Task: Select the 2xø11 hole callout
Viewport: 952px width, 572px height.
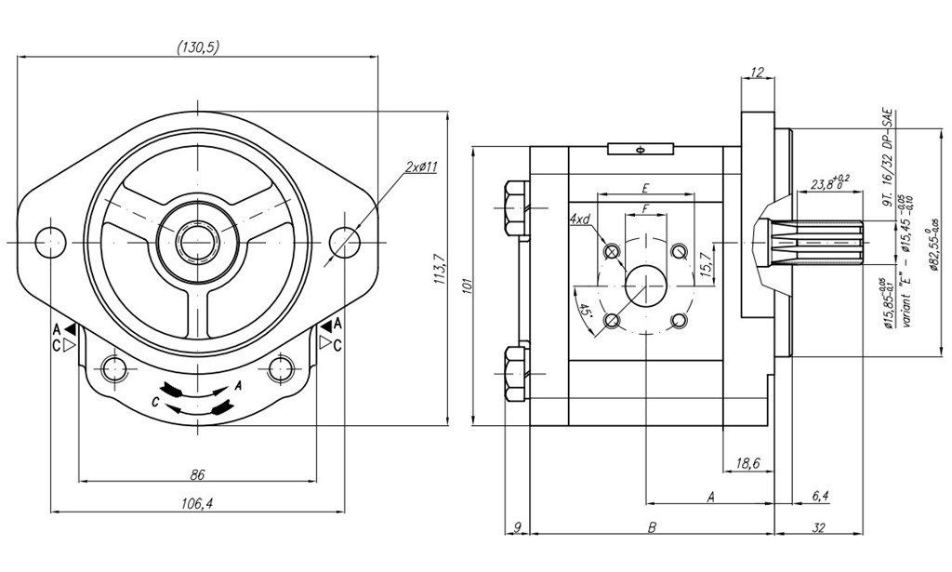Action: (x=421, y=167)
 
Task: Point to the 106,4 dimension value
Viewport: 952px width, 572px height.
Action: (x=196, y=503)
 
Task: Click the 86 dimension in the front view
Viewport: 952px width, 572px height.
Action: (x=196, y=474)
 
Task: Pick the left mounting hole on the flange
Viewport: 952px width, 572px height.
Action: (x=48, y=241)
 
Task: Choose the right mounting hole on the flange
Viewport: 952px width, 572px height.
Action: (x=345, y=241)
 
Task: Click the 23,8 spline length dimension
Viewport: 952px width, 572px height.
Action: (x=826, y=184)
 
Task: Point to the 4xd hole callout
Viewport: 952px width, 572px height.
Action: (x=580, y=219)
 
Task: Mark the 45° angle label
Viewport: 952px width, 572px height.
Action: (x=585, y=310)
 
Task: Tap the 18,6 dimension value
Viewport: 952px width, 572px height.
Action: (x=747, y=462)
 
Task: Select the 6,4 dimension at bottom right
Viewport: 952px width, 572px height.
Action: (x=819, y=497)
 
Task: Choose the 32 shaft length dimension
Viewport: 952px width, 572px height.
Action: (x=819, y=527)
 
